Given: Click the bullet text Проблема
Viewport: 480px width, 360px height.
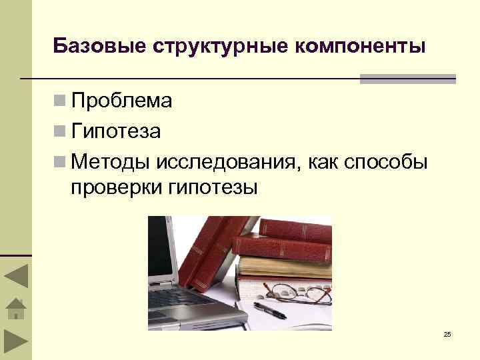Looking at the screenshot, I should [x=122, y=101].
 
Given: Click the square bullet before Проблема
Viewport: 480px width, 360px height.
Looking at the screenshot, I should [x=60, y=102].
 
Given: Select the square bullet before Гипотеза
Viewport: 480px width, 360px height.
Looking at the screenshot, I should [x=60, y=132].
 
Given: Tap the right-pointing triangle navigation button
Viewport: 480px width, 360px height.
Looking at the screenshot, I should [x=15, y=343].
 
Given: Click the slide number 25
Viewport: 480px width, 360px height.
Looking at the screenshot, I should [x=447, y=333].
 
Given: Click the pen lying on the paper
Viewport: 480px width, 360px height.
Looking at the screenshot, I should [x=270, y=308].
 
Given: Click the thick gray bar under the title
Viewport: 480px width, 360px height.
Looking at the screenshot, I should [x=407, y=79].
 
